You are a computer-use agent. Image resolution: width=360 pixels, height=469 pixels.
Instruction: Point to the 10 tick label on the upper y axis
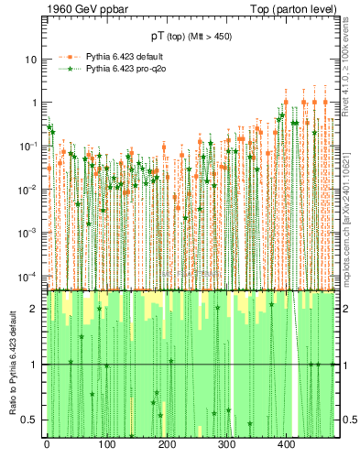tap(31, 59)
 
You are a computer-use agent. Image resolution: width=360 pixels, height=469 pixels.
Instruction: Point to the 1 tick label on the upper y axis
tap(34, 103)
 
